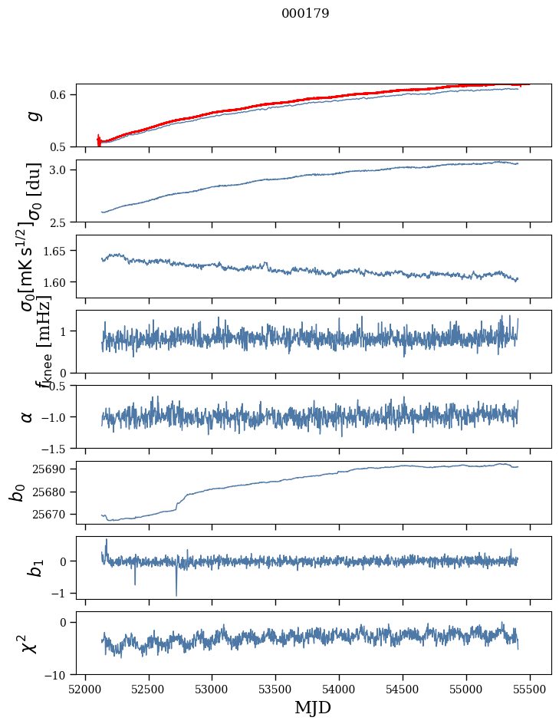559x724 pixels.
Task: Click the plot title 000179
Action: click(305, 14)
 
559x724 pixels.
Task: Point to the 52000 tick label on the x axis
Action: click(85, 689)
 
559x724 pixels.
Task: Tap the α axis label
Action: click(27, 416)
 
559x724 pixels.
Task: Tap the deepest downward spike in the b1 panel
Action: click(176, 595)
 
